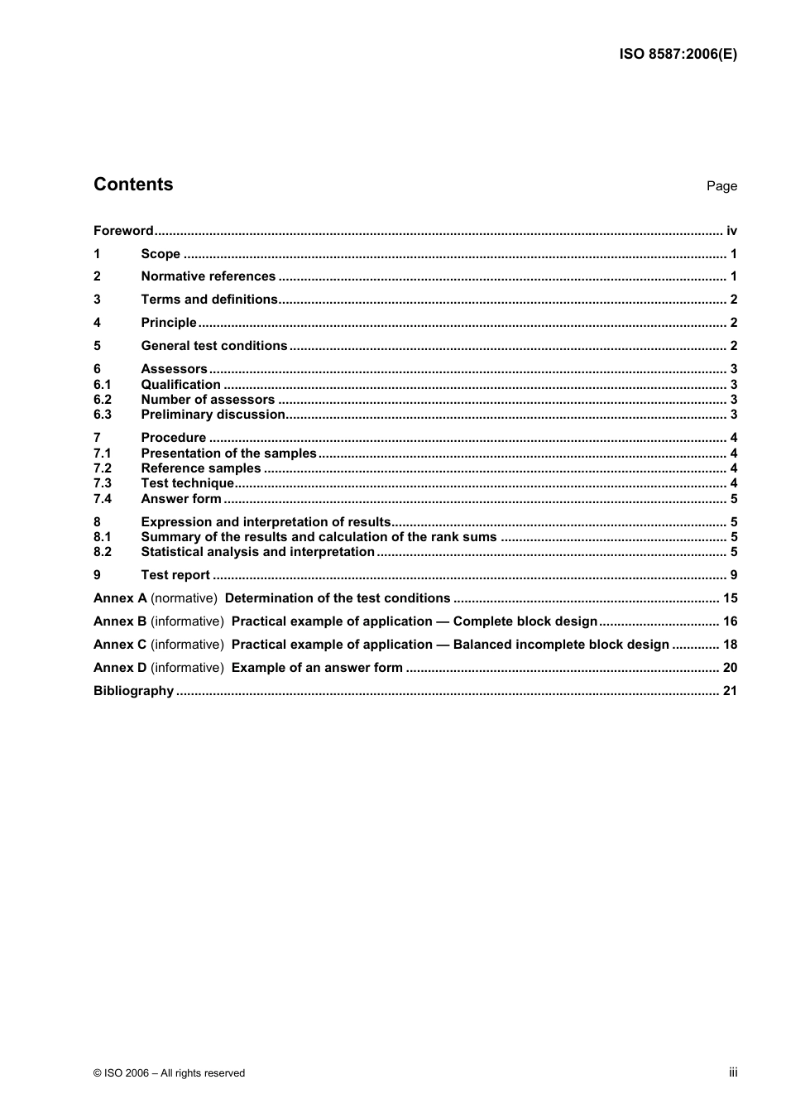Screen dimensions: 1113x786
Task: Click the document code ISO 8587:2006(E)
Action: [678, 55]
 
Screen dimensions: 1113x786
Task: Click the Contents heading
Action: [133, 185]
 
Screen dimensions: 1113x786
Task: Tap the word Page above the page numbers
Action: [721, 186]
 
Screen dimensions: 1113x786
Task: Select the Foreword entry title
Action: [123, 231]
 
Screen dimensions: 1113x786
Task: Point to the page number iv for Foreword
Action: [731, 231]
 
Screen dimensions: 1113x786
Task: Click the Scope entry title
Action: [161, 254]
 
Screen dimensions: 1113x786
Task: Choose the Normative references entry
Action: [208, 276]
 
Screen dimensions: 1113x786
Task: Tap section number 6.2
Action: [103, 400]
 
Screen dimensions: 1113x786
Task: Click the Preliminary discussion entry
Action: [213, 415]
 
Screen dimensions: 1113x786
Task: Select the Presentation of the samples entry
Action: [228, 453]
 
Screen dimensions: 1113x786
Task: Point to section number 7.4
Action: [103, 499]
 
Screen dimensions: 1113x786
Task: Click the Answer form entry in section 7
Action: [181, 499]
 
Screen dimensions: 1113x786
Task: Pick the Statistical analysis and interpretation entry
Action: [257, 552]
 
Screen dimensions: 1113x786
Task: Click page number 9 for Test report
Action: [733, 575]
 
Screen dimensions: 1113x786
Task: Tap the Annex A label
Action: [120, 598]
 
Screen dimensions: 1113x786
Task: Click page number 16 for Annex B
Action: [730, 621]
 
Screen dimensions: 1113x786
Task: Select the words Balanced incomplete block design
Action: [561, 645]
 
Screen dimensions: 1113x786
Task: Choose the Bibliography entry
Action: [133, 691]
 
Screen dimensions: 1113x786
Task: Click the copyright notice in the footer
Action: [170, 1073]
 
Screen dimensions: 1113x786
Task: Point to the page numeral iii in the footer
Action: [733, 1072]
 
